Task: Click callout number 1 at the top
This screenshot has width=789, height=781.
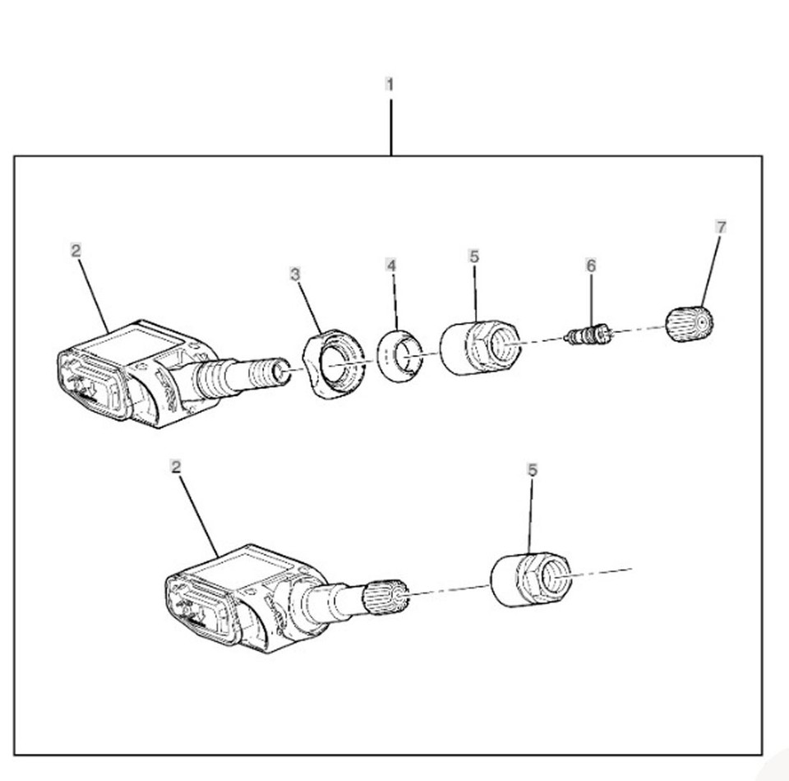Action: click(x=390, y=84)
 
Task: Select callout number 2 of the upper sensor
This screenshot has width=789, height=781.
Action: click(x=76, y=251)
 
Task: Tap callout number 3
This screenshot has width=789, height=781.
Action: click(x=296, y=274)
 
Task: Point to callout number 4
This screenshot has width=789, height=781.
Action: click(x=392, y=266)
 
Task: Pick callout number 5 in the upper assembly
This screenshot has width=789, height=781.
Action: click(x=474, y=256)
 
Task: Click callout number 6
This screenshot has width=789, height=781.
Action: click(x=591, y=265)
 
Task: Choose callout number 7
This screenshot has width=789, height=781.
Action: click(x=722, y=227)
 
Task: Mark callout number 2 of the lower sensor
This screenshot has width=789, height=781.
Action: click(x=175, y=466)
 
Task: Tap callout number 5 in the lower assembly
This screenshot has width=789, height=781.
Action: click(x=533, y=469)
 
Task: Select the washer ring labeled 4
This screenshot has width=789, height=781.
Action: click(x=399, y=354)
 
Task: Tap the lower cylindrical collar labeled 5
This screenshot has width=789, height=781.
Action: click(x=530, y=580)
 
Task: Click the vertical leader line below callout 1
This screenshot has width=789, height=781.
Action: click(x=390, y=127)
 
